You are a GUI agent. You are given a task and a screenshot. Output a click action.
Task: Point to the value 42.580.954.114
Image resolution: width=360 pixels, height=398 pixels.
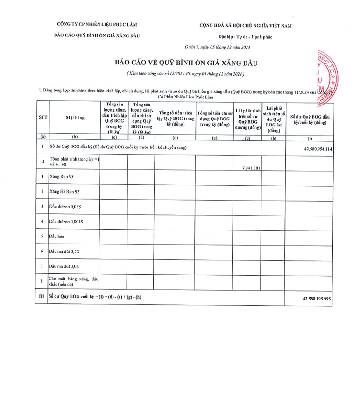pyautogui.click(x=315, y=148)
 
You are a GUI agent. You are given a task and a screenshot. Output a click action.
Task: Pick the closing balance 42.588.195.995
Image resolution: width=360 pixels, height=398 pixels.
pyautogui.click(x=315, y=298)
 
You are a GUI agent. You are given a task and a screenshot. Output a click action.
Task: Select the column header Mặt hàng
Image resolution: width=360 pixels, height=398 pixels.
pyautogui.click(x=75, y=118)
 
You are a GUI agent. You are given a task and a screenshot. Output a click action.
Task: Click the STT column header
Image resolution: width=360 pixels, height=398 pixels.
pyautogui.click(x=42, y=117)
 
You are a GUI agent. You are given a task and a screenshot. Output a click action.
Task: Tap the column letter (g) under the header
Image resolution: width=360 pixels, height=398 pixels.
pyautogui.click(x=247, y=138)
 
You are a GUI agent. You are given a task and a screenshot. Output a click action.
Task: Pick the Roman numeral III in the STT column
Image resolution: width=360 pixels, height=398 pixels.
pyautogui.click(x=42, y=297)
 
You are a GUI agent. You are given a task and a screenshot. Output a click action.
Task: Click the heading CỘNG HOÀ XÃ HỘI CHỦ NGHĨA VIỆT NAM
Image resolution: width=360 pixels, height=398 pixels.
pyautogui.click(x=245, y=25)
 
